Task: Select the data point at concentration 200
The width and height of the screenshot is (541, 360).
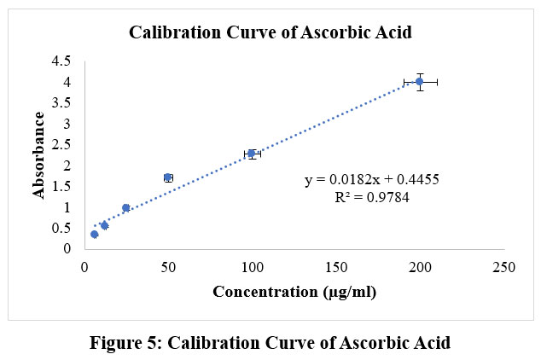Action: (x=420, y=82)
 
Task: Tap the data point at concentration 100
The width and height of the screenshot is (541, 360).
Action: (x=252, y=154)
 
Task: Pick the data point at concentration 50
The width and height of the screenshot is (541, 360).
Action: (x=168, y=177)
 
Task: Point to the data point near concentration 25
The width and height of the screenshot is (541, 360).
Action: (x=126, y=207)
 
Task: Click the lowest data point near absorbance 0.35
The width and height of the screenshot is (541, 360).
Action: (x=94, y=234)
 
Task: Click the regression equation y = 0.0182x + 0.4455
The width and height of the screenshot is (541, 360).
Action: (x=372, y=180)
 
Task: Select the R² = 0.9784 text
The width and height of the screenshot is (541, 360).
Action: (x=372, y=198)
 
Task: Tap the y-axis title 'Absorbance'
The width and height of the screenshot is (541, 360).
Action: (x=38, y=155)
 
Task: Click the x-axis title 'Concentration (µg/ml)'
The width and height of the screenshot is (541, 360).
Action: (x=294, y=292)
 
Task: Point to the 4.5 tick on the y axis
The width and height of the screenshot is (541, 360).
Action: (x=61, y=61)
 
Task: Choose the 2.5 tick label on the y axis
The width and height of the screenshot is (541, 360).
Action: (x=61, y=145)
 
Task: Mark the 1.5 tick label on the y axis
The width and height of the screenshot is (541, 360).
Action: (x=61, y=187)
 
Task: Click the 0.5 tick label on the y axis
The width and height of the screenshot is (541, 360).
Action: (x=61, y=229)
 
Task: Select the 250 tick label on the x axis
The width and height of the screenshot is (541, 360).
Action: (x=504, y=267)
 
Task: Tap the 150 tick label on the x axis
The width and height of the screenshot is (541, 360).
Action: (x=336, y=267)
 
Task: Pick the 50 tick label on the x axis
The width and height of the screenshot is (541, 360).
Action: (x=168, y=267)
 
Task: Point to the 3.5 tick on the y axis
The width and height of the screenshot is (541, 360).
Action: (x=61, y=103)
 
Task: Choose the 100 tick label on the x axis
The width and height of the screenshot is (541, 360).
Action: (x=252, y=267)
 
